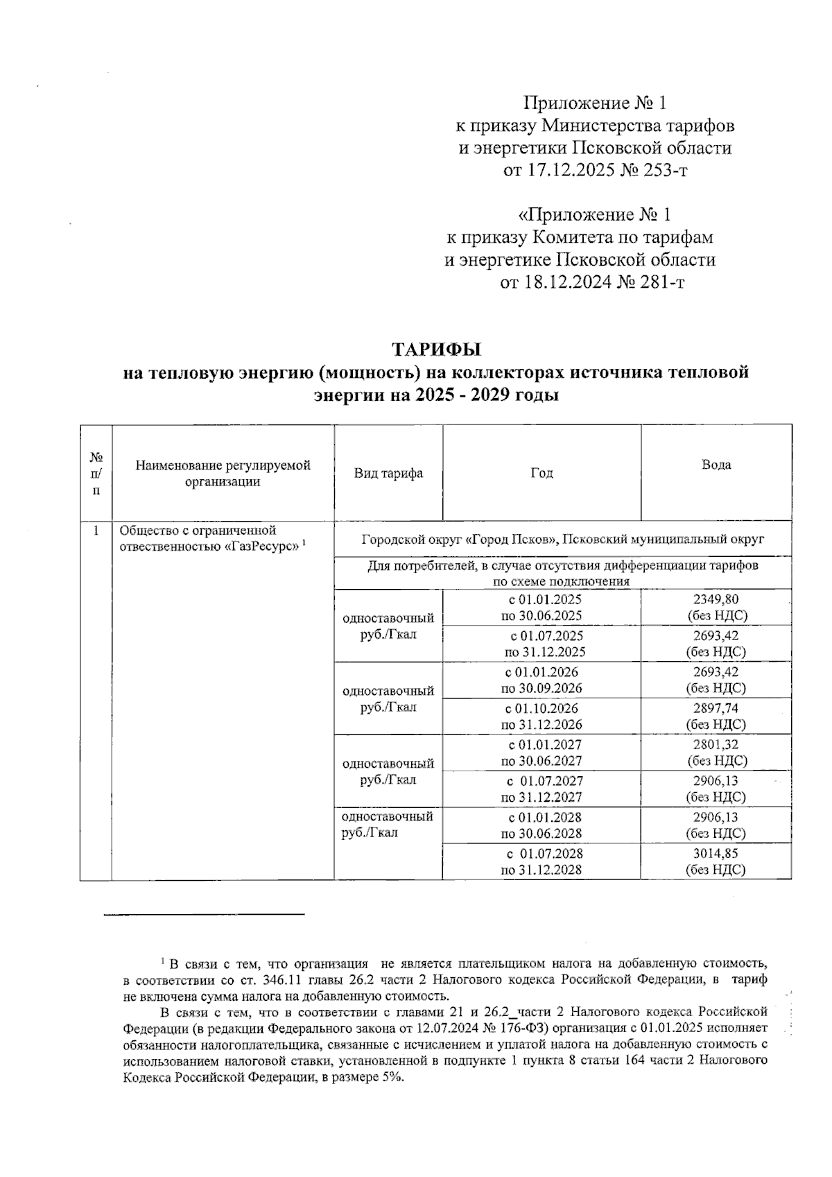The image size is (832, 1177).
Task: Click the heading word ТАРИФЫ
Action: pos(436,349)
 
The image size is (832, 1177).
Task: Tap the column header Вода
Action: pos(716,465)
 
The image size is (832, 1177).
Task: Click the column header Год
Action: pos(541,473)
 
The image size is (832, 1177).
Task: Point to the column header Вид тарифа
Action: pos(388,473)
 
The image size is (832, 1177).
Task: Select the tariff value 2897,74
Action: pos(716,709)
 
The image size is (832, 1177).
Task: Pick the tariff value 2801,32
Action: pos(716,745)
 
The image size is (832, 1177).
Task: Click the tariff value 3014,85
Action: pos(716,854)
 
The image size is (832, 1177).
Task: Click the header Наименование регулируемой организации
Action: pos(223,473)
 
